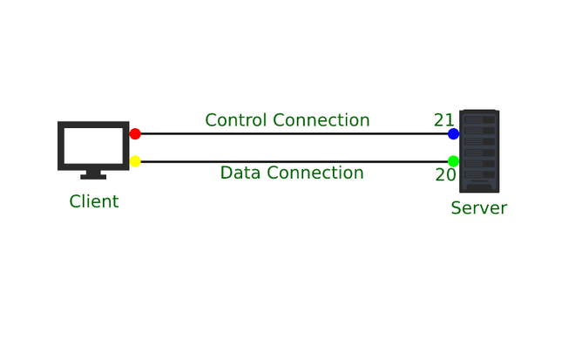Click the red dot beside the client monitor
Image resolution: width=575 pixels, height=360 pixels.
(135, 133)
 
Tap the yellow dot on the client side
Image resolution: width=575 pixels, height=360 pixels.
(135, 161)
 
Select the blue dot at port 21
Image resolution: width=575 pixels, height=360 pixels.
(453, 133)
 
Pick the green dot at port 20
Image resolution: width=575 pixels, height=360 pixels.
(453, 161)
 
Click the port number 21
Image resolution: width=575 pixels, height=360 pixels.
(443, 120)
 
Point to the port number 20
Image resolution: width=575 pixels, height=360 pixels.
(444, 175)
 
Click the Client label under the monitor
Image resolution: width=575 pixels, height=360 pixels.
(94, 201)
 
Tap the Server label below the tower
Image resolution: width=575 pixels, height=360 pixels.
(478, 208)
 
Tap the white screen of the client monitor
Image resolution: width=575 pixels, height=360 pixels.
(93, 145)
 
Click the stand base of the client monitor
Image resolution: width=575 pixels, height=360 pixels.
(93, 177)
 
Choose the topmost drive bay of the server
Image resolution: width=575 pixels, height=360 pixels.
(478, 120)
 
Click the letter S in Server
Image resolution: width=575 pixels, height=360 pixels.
(456, 208)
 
